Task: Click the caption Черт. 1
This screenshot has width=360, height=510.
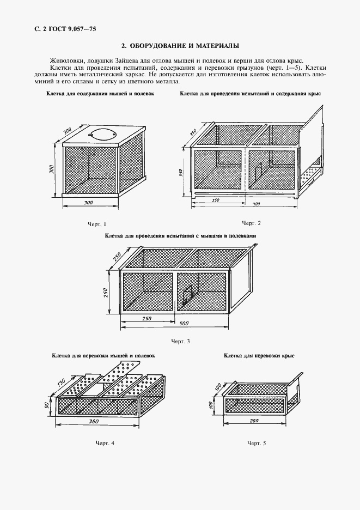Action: pyautogui.click(x=97, y=224)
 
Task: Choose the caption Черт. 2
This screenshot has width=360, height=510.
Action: pyautogui.click(x=251, y=223)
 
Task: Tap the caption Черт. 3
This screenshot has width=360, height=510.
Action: pyautogui.click(x=180, y=342)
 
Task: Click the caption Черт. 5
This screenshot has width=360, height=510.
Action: pyautogui.click(x=256, y=444)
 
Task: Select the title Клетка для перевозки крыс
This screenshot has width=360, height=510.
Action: pyautogui.click(x=259, y=355)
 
